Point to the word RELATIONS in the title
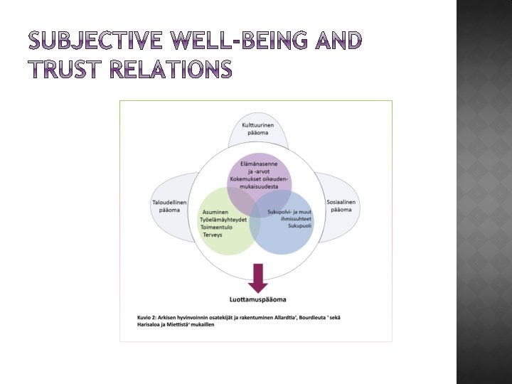[177, 69]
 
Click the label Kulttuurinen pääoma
[258, 130]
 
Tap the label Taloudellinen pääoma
[169, 206]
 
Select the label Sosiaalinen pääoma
[341, 206]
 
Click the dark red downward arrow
[258, 278]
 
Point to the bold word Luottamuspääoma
[258, 299]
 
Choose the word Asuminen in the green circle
[215, 213]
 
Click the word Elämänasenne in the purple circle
[259, 164]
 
